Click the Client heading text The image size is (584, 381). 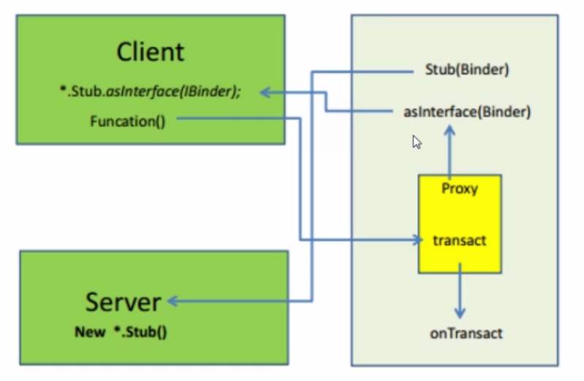151,52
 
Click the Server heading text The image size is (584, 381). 123,301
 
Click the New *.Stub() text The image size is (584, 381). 121,331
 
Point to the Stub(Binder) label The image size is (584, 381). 466,71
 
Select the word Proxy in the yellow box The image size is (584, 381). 460,189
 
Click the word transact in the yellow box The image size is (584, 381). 460,241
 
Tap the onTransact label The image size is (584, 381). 466,333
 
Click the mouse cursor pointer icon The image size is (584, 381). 417,142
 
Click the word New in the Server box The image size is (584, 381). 89,331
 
